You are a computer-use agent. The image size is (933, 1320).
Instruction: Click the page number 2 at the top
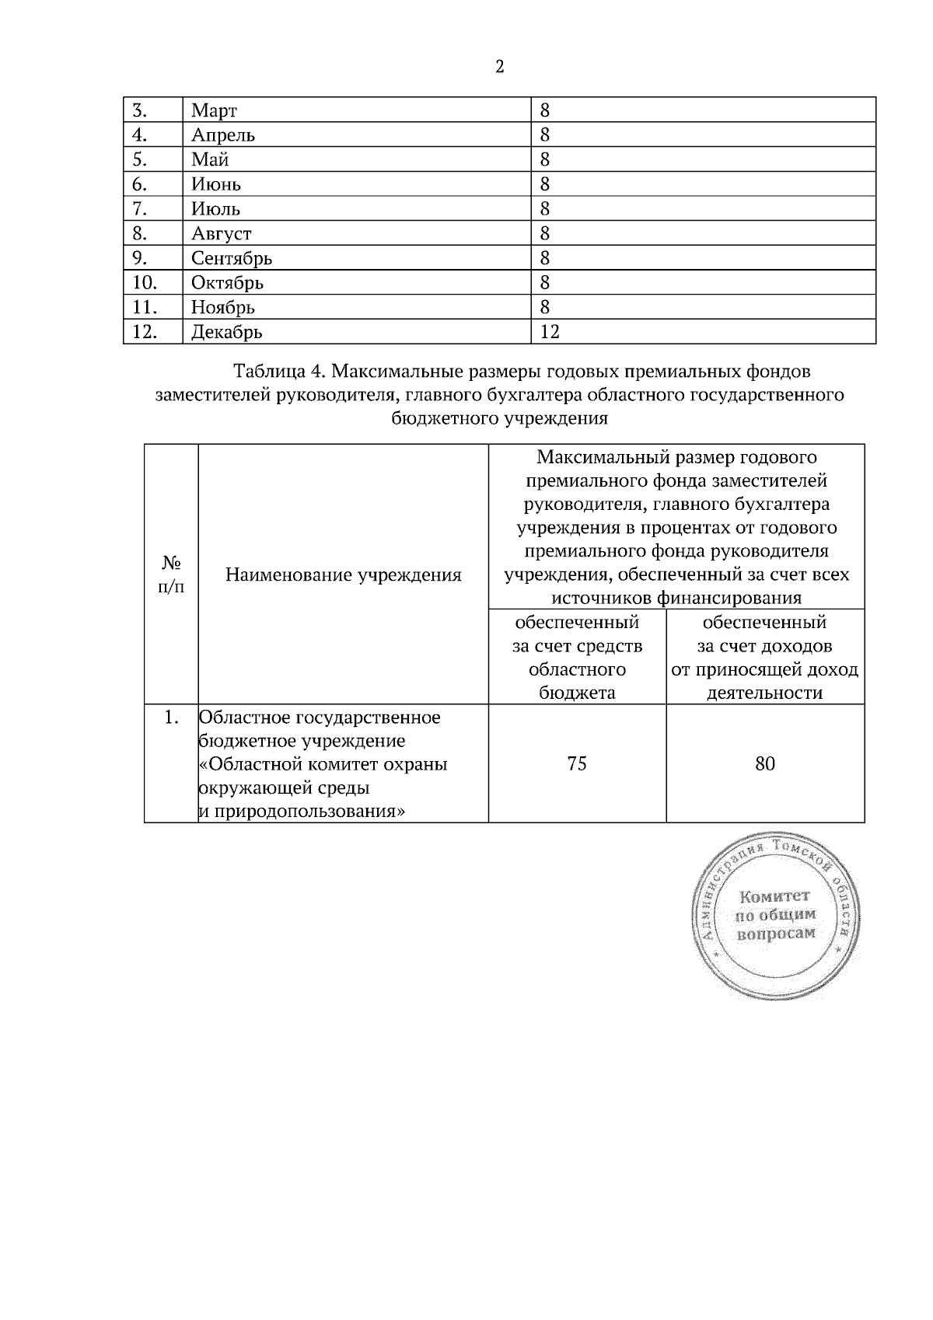[x=499, y=67]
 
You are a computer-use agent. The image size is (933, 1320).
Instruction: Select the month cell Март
[x=214, y=110]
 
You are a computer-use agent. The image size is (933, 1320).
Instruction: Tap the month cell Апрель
[x=223, y=135]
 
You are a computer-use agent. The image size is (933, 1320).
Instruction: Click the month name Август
[x=222, y=233]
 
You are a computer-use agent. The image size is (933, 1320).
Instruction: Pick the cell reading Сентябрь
[x=232, y=258]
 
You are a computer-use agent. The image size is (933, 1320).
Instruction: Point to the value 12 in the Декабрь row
[x=550, y=332]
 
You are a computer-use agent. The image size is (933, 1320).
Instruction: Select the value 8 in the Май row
[x=545, y=159]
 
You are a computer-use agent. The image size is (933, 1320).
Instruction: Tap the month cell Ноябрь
[x=223, y=307]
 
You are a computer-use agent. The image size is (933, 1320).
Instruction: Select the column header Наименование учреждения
[x=343, y=574]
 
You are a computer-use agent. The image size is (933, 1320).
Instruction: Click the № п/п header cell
[x=171, y=574]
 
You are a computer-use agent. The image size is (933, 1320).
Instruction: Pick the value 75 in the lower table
[x=577, y=763]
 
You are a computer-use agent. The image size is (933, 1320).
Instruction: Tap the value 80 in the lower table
[x=764, y=763]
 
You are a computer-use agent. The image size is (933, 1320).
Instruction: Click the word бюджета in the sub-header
[x=577, y=693]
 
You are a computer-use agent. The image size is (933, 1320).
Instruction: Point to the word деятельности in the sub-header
[x=764, y=693]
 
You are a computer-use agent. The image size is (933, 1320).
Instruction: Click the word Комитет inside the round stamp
[x=774, y=896]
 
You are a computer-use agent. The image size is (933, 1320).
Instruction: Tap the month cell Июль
[x=216, y=208]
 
